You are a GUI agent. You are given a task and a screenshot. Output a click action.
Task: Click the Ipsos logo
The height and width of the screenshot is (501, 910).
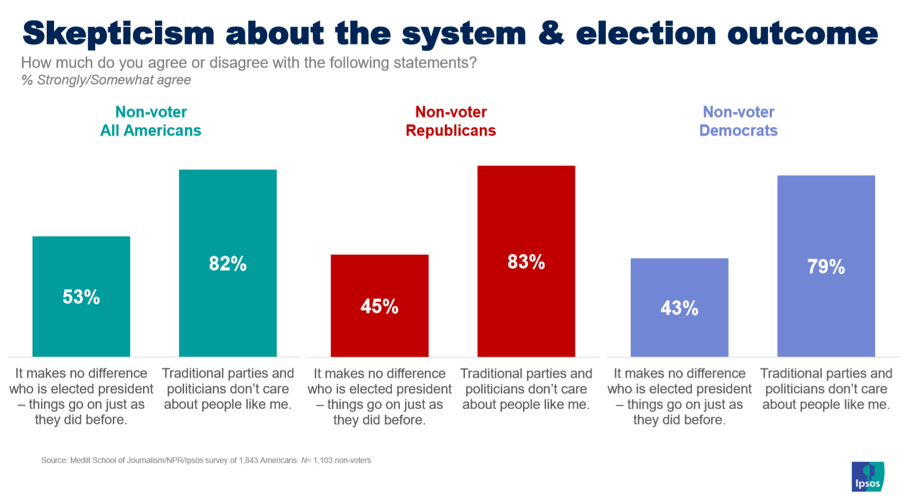click(867, 477)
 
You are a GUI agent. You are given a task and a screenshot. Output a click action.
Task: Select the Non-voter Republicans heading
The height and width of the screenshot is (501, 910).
click(451, 121)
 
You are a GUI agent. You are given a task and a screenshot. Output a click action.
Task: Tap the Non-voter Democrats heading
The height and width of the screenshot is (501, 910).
click(738, 121)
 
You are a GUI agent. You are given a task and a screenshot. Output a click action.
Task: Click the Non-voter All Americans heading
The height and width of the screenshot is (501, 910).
click(151, 121)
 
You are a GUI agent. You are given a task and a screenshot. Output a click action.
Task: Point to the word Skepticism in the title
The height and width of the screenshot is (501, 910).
click(119, 34)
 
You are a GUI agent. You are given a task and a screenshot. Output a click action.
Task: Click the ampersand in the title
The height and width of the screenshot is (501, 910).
click(550, 33)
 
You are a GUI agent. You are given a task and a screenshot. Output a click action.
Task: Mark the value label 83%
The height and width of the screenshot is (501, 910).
click(526, 262)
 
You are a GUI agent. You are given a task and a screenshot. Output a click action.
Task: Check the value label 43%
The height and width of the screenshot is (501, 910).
click(679, 308)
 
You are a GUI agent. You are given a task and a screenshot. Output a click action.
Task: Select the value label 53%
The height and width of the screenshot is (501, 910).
click(81, 297)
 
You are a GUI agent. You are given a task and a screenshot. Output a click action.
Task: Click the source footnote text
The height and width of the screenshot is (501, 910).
click(206, 460)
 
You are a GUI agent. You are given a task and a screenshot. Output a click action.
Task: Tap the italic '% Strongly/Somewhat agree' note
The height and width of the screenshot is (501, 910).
click(106, 80)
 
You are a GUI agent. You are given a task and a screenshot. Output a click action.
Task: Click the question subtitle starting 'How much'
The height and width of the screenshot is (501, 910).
click(248, 63)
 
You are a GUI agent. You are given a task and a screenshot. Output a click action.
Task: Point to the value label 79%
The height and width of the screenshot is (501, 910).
click(826, 266)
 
